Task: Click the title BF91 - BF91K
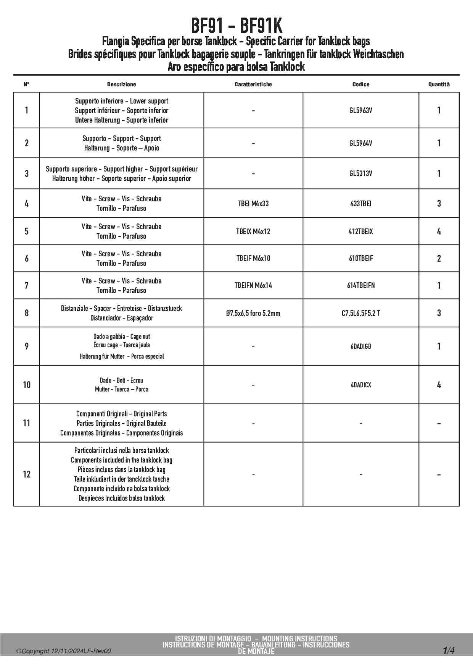(x=236, y=26)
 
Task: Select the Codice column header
(x=360, y=84)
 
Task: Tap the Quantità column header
(x=439, y=84)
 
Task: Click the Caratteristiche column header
(x=253, y=84)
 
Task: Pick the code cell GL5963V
(x=360, y=110)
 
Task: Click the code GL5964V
(x=360, y=143)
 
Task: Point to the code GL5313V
(x=360, y=173)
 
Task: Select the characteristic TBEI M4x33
(x=253, y=204)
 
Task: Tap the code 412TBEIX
(x=360, y=231)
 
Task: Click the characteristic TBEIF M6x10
(x=253, y=258)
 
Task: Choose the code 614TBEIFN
(x=360, y=285)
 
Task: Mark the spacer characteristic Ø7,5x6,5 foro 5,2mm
(x=253, y=313)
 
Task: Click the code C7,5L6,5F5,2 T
(x=360, y=313)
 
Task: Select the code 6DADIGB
(x=360, y=346)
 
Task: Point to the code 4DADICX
(x=360, y=385)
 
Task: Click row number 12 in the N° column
(x=26, y=474)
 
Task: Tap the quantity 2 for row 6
(x=439, y=259)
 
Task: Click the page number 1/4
(x=449, y=650)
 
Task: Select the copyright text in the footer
(x=64, y=651)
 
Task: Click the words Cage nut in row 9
(x=140, y=337)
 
